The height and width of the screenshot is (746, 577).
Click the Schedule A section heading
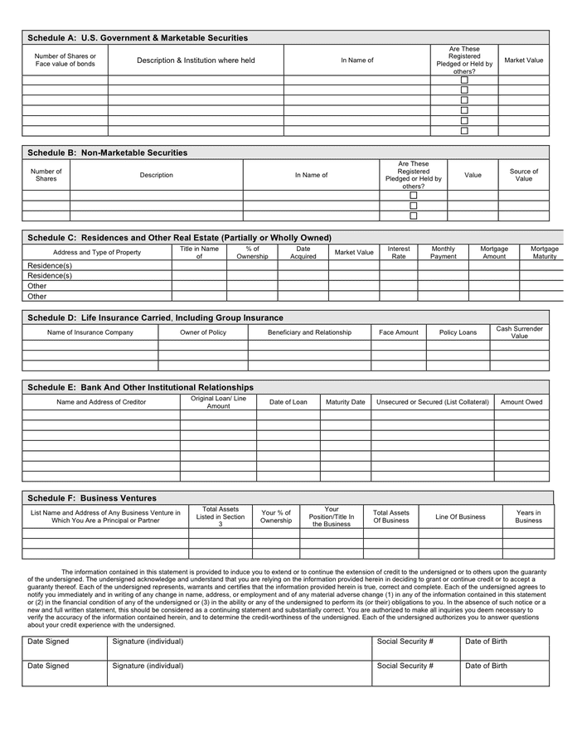click(x=138, y=38)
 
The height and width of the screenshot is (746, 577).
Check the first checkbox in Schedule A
click(x=464, y=80)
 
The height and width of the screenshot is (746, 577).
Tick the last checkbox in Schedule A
click(x=464, y=130)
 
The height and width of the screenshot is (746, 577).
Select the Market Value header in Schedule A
click(x=524, y=61)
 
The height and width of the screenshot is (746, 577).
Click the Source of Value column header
click(x=524, y=175)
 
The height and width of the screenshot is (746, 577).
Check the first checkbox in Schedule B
click(x=414, y=196)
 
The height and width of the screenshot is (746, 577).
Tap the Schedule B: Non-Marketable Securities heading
click(x=108, y=153)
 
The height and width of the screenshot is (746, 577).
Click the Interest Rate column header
click(x=399, y=253)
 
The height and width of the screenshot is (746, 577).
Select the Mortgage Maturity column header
click(x=545, y=253)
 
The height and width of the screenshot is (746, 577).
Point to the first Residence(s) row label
click(x=50, y=266)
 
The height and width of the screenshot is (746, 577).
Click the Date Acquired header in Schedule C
click(x=303, y=253)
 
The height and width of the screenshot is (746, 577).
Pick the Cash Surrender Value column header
click(x=520, y=332)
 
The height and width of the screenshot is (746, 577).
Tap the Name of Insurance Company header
click(x=90, y=332)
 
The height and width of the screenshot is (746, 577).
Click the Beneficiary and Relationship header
click(x=309, y=332)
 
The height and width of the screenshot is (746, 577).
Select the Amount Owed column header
click(x=521, y=402)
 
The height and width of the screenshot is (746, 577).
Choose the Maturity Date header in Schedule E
click(x=345, y=402)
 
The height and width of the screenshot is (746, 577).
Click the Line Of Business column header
click(x=461, y=516)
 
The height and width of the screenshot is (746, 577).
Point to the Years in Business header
click(x=528, y=516)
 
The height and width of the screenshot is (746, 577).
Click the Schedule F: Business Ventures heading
click(x=92, y=498)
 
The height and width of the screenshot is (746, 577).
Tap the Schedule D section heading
click(x=155, y=317)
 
